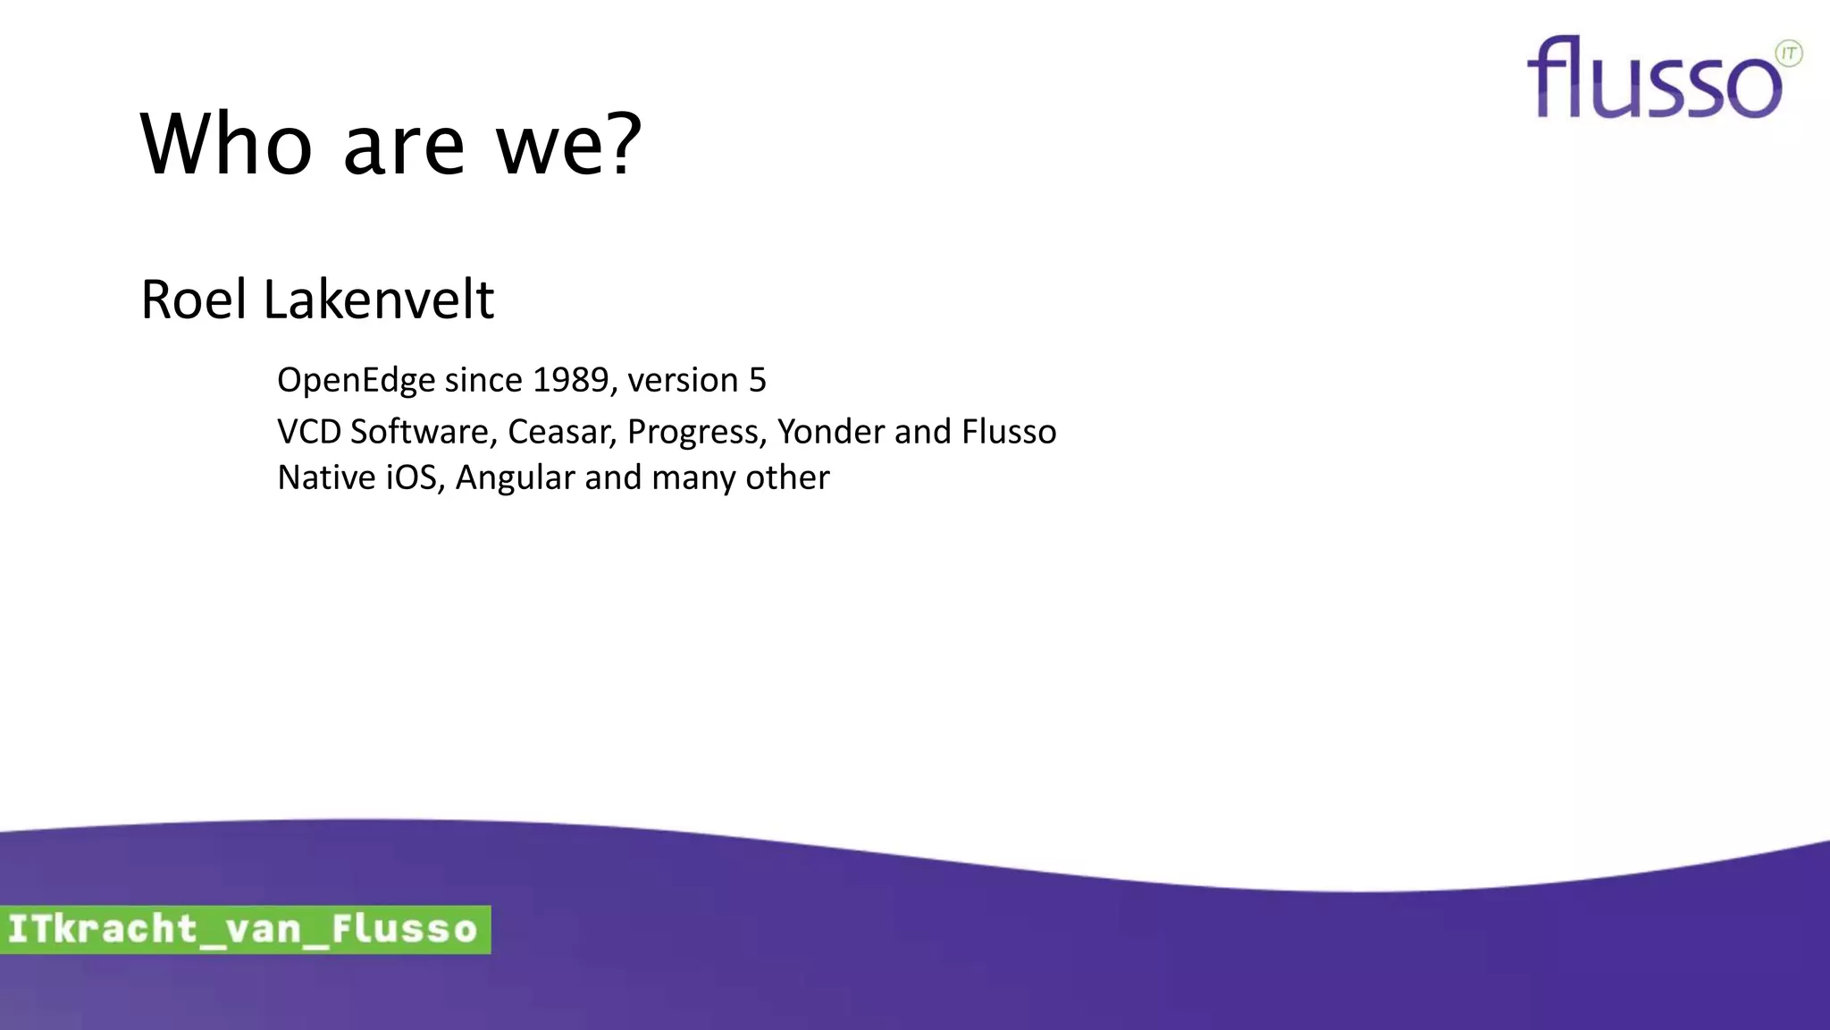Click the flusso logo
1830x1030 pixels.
pyautogui.click(x=1653, y=79)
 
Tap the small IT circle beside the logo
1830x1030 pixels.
pyautogui.click(x=1789, y=54)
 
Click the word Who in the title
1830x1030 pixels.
pyautogui.click(x=227, y=145)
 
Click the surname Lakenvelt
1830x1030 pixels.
pyautogui.click(x=378, y=300)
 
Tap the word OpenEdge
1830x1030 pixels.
pyautogui.click(x=355, y=381)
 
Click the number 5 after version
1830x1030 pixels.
pyautogui.click(x=757, y=380)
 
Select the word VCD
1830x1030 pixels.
pyautogui.click(x=309, y=432)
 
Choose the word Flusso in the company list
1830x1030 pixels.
pyautogui.click(x=1009, y=432)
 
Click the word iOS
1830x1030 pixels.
pyautogui.click(x=415, y=477)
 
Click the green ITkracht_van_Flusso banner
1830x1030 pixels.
pyautogui.click(x=244, y=930)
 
